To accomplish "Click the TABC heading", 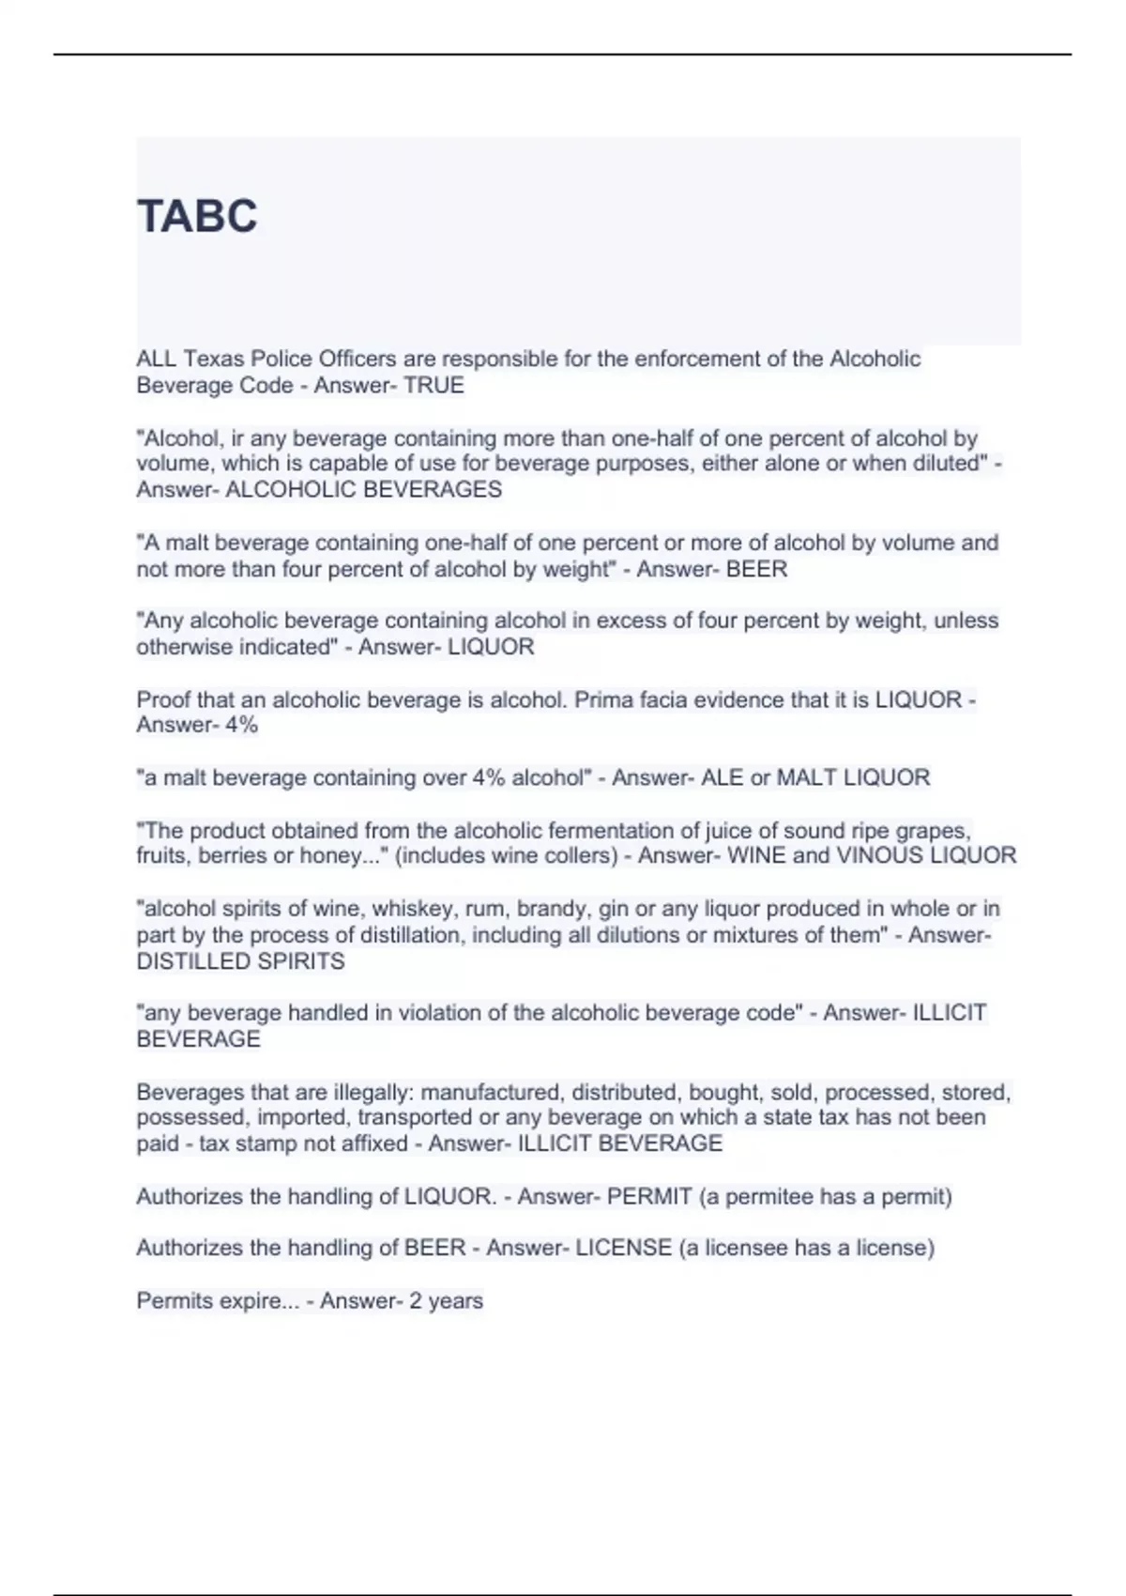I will pos(197,216).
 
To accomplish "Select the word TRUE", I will pos(434,386).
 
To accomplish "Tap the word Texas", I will pos(213,359).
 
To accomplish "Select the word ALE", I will pos(722,778).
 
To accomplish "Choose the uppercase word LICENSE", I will pos(623,1249).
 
